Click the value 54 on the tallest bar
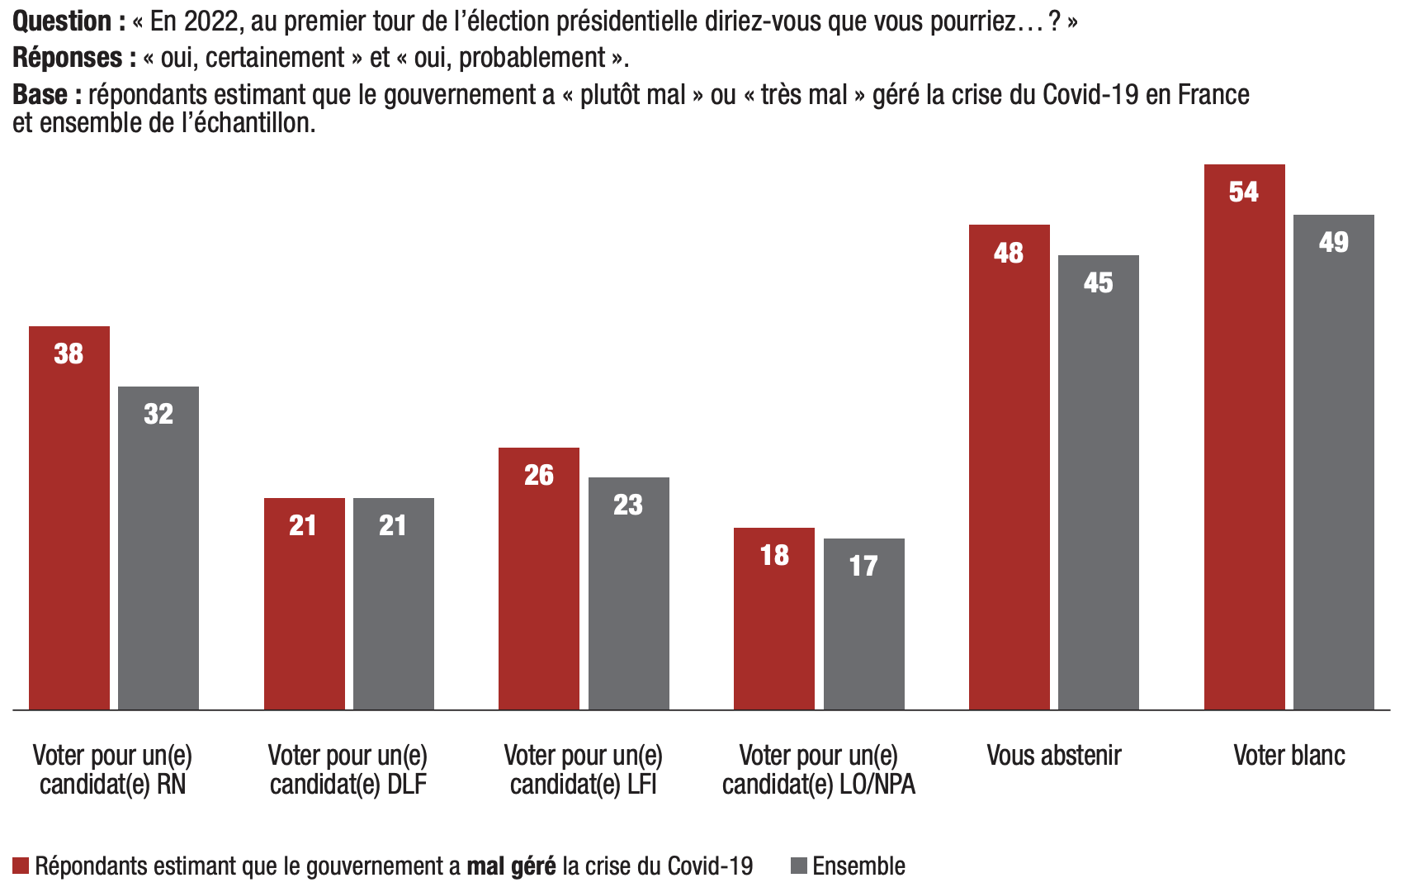point(1244,192)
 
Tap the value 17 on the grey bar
point(863,566)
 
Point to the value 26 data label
point(539,475)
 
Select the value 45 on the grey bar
point(1098,282)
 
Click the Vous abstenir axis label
point(1054,755)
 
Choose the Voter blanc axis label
point(1289,755)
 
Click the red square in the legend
point(21,866)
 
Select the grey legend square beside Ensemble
point(798,866)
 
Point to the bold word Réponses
point(73,58)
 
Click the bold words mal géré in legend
point(511,866)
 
